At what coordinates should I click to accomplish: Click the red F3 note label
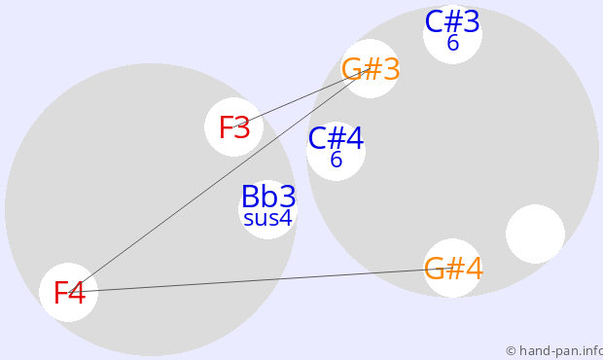(234, 127)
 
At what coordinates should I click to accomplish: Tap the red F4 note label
(69, 293)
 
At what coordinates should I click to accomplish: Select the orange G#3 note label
(371, 70)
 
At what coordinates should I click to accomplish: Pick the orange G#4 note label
(453, 269)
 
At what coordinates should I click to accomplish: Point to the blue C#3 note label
(452, 22)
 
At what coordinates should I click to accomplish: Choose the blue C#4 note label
(336, 138)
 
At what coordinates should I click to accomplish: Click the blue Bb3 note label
(268, 197)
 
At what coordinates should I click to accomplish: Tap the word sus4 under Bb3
(268, 218)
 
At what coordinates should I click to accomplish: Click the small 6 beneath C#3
(453, 43)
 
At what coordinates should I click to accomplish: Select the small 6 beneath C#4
(337, 160)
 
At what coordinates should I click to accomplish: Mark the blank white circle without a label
(535, 234)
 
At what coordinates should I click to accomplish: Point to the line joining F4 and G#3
(219, 181)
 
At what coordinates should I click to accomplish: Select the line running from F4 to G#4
(261, 280)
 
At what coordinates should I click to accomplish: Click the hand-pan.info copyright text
(554, 351)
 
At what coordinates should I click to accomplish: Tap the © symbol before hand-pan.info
(511, 351)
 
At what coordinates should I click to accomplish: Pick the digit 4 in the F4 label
(77, 293)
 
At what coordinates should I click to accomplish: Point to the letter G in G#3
(351, 70)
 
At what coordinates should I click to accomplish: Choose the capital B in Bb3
(250, 197)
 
